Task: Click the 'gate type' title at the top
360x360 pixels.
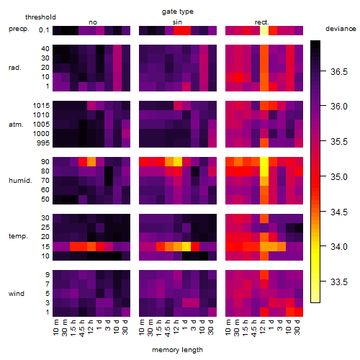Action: click(178, 12)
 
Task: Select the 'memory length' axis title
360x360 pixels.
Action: click(177, 350)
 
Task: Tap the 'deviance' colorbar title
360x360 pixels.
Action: click(341, 29)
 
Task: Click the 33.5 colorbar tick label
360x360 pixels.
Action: click(339, 282)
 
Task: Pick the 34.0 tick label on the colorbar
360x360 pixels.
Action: click(339, 246)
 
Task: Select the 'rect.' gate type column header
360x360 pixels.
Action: click(262, 22)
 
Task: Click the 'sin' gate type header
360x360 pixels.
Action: click(177, 22)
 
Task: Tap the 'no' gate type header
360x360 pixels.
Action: click(93, 22)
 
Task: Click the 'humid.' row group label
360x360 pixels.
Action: click(20, 181)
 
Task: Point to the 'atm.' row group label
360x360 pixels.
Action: click(16, 125)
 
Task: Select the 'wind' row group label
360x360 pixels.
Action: click(17, 294)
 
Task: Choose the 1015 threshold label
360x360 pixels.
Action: click(41, 106)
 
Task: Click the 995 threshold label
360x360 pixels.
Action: click(43, 143)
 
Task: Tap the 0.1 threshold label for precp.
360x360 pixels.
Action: click(44, 30)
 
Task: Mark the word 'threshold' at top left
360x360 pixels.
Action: click(40, 17)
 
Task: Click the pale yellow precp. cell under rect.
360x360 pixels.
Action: click(264, 30)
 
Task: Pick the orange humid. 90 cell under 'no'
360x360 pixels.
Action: click(91, 162)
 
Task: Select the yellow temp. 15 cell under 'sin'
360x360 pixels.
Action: click(186, 246)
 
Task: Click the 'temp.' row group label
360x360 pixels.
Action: click(18, 236)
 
